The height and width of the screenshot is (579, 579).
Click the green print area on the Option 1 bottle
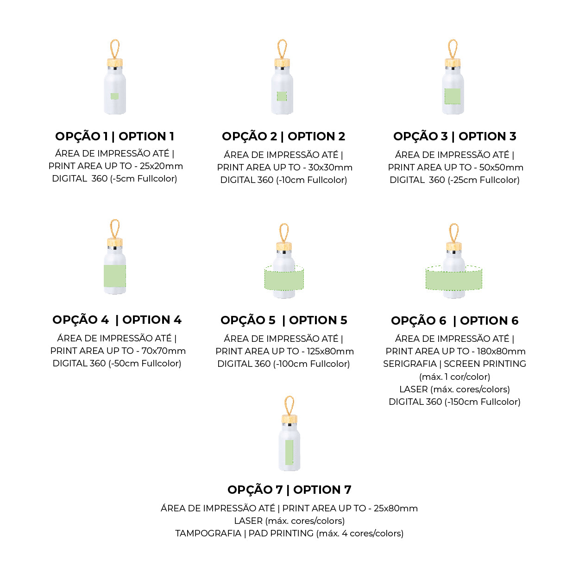[x=114, y=96]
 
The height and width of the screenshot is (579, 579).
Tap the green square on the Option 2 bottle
[x=282, y=96]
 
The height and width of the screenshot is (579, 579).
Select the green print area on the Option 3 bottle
[x=452, y=96]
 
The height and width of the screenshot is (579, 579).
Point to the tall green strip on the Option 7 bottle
[x=289, y=452]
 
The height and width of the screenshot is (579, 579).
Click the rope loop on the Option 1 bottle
[x=115, y=49]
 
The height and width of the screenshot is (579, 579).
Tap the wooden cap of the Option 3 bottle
[x=453, y=63]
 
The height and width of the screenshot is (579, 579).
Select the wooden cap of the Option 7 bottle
[x=289, y=419]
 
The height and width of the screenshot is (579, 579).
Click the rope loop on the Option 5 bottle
[x=284, y=233]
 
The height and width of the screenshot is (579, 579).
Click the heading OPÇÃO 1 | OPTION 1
[x=114, y=136]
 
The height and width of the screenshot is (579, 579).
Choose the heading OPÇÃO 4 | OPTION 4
[x=117, y=320]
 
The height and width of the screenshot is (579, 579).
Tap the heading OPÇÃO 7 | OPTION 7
[x=289, y=490]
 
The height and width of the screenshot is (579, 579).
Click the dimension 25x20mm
[x=161, y=166]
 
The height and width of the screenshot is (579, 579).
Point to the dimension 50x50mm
[x=501, y=167]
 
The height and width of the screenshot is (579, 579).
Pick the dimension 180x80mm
[x=501, y=351]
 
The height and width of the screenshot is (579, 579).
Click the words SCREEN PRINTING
[x=485, y=364]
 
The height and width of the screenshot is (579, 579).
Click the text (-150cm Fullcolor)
[x=482, y=402]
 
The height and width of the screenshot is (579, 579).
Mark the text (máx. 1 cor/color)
[x=454, y=377]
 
